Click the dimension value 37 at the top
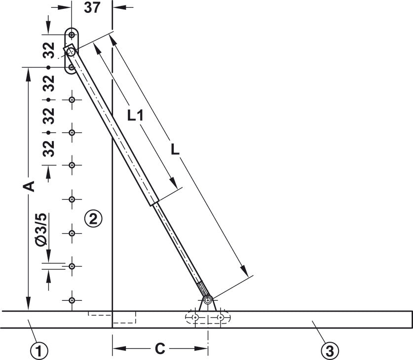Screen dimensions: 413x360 pos(92,7)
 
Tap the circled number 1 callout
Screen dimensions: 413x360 pos(39,351)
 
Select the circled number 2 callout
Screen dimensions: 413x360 pos(93,218)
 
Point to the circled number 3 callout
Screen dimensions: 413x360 pos(330,351)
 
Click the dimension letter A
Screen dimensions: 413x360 pos(29,186)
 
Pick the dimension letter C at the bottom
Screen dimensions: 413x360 pos(160,349)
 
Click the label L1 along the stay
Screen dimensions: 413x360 pos(135,115)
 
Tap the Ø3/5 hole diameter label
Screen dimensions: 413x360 pos(41,230)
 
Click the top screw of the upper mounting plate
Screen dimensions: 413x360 pos(72,35)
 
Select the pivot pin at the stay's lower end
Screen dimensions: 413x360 pos(208,299)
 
